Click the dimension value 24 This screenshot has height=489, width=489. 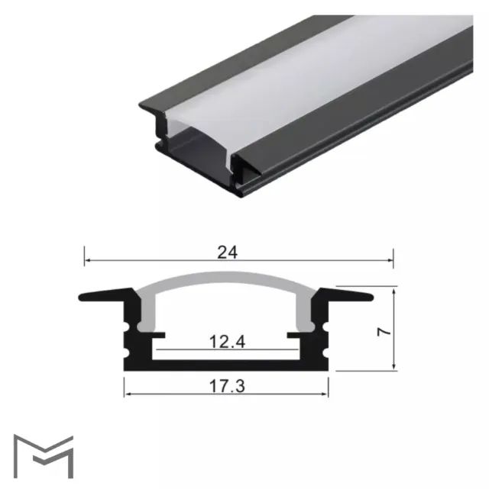pos(226,253)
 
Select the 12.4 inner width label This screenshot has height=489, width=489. pos(226,343)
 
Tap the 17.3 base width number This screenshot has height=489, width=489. pos(226,387)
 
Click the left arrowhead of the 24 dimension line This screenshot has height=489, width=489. pos(87,261)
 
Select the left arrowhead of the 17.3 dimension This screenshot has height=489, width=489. pos(128,394)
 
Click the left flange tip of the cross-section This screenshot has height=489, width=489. pos(83,297)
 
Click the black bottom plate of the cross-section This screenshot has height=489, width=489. pos(226,366)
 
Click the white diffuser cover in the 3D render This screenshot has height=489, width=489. pos(321,76)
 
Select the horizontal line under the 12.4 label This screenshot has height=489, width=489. pos(226,352)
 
